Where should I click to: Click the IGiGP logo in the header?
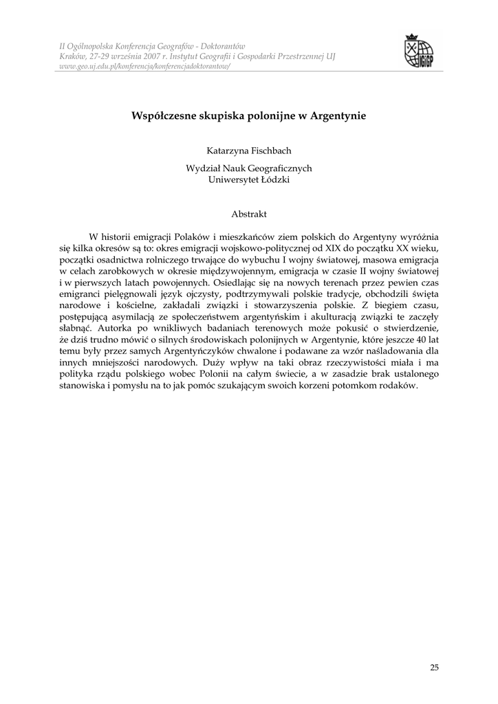coord(419,52)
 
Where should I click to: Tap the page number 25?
coord(434,667)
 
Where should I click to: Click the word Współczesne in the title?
coord(162,116)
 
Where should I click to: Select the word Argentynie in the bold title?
coord(338,116)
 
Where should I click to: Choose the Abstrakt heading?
coord(248,214)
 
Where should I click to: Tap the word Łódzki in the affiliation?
coord(274,179)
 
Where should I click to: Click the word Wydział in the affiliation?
coord(202,168)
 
